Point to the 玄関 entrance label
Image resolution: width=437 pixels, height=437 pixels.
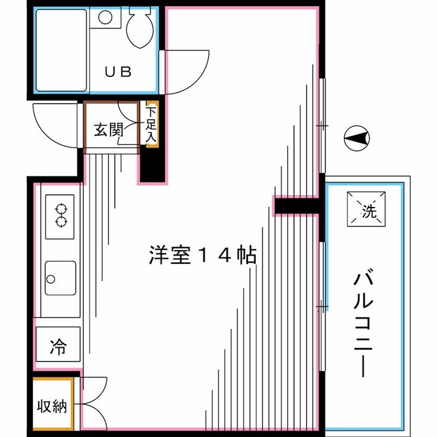point(109,129)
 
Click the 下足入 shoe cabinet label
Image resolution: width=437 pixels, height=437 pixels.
point(151,125)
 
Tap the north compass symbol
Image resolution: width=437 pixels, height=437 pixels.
point(356,140)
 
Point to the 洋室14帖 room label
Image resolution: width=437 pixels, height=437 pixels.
point(202,256)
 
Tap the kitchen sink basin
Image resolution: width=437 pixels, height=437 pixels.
point(60,279)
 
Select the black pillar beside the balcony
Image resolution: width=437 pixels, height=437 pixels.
point(296,206)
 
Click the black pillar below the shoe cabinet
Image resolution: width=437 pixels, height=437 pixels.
point(152,164)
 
